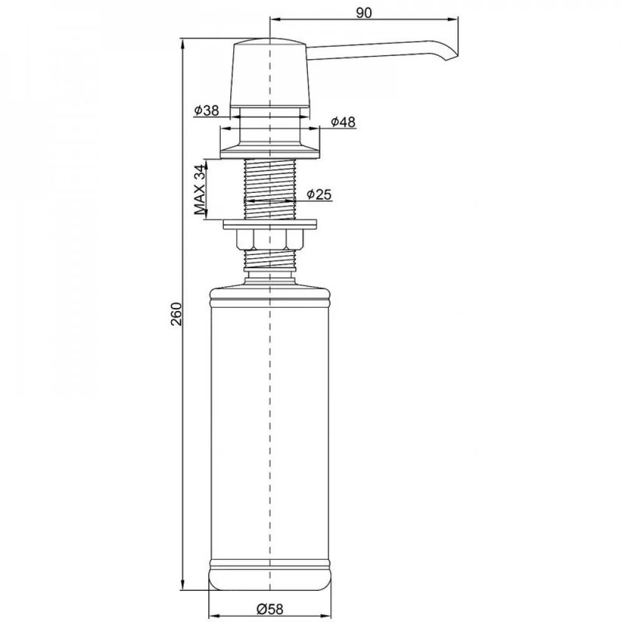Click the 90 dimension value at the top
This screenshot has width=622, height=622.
point(363,12)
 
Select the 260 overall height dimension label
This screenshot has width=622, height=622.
point(176,313)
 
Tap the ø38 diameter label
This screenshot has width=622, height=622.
point(207,110)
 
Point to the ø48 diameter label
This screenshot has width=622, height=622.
point(343,122)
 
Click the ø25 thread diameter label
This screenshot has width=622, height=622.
point(319,194)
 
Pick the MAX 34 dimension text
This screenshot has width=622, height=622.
point(201,190)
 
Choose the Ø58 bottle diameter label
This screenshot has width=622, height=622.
point(270,608)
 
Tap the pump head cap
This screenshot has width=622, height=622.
point(270,73)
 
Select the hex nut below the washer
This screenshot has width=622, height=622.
point(270,239)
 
